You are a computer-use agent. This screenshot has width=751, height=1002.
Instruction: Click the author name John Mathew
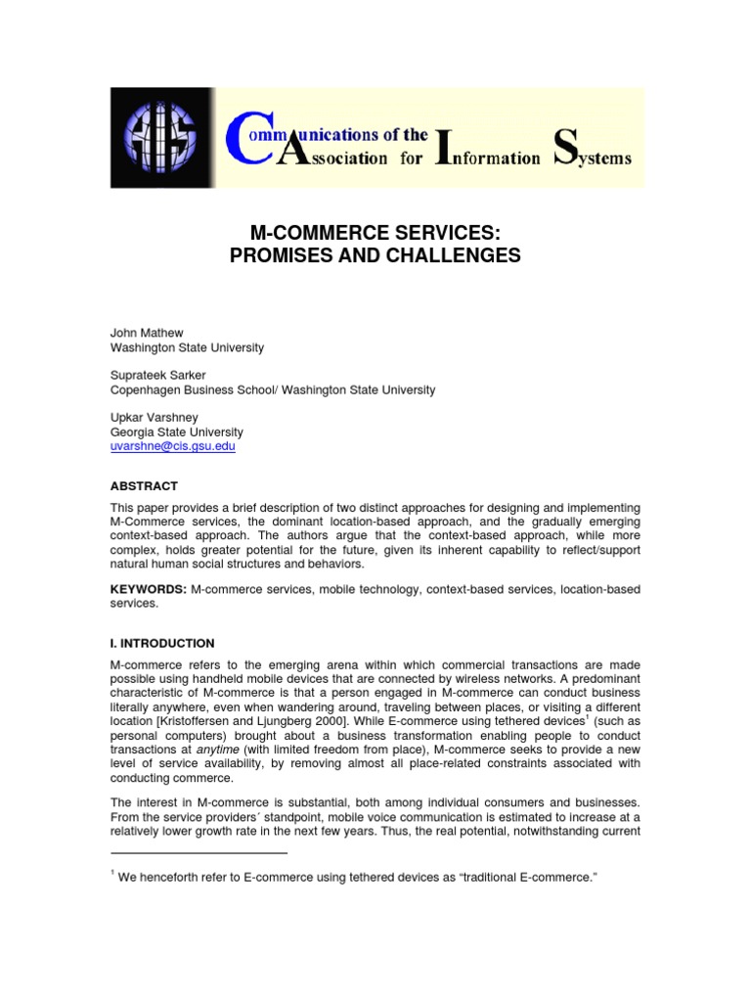point(145,333)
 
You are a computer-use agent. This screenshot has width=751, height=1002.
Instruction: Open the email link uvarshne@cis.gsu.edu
point(173,445)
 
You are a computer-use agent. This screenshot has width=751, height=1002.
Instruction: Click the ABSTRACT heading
point(143,485)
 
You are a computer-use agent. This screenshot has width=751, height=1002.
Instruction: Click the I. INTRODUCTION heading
point(161,643)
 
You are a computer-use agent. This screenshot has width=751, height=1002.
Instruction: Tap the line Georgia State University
point(176,432)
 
